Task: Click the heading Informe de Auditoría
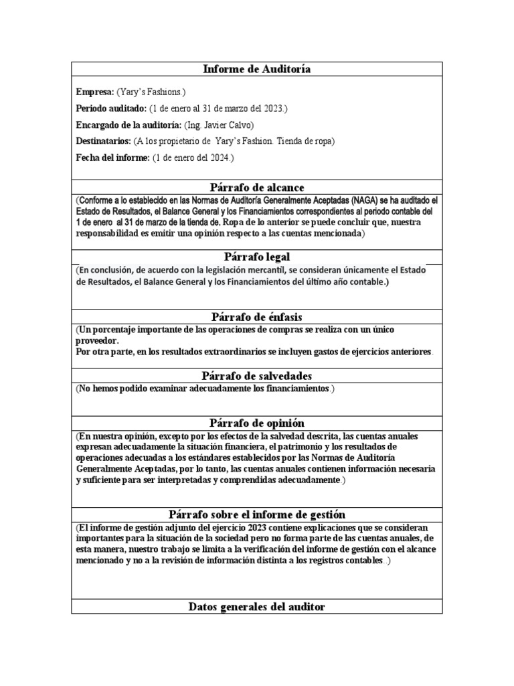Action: pyautogui.click(x=256, y=69)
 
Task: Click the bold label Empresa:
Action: pyautogui.click(x=95, y=92)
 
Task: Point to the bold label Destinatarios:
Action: pyautogui.click(x=104, y=141)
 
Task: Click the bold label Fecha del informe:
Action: pyautogui.click(x=113, y=158)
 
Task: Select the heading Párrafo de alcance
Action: pyautogui.click(x=256, y=187)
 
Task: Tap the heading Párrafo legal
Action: pyautogui.click(x=256, y=257)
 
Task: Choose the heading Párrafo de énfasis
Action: pyautogui.click(x=256, y=317)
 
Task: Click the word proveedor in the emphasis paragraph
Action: pyautogui.click(x=98, y=340)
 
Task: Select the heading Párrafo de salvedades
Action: pyautogui.click(x=256, y=376)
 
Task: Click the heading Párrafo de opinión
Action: pyautogui.click(x=256, y=423)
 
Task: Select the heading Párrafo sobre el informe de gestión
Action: pyautogui.click(x=256, y=514)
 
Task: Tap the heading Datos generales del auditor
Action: pyautogui.click(x=256, y=606)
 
